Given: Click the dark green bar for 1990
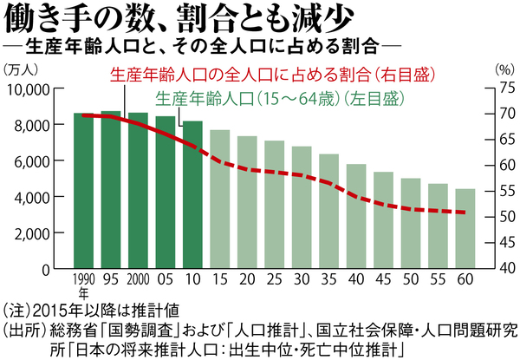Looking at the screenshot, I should pos(84,190).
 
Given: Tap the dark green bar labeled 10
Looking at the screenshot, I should pos(192,194).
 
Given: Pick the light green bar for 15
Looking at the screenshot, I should pos(220,199).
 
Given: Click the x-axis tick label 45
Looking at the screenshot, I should pos(383,280).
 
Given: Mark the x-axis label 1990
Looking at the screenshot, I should pos(83,281).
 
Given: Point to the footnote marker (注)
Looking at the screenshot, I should pos(18,308).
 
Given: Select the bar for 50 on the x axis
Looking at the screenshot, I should pos(410,223).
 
